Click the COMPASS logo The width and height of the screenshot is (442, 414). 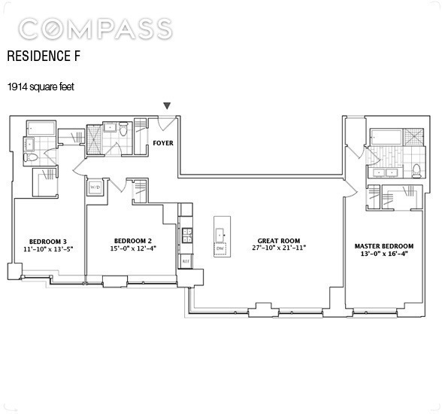(x=95, y=29)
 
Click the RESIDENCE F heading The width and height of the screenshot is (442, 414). (x=44, y=56)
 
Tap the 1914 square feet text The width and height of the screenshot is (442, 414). (x=41, y=87)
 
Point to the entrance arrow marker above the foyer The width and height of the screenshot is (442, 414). (x=168, y=106)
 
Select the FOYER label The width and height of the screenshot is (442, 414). (x=163, y=143)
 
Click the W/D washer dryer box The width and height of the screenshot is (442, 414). (x=95, y=187)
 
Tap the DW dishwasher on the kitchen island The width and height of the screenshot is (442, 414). (x=220, y=248)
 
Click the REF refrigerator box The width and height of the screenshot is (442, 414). (x=186, y=260)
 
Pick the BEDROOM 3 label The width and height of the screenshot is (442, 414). (x=48, y=242)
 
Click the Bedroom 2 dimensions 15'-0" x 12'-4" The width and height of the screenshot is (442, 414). (x=133, y=248)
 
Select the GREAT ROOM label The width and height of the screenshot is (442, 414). (x=279, y=241)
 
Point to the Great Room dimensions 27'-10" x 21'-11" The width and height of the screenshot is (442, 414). (x=279, y=248)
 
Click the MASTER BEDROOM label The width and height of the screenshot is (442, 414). (x=384, y=246)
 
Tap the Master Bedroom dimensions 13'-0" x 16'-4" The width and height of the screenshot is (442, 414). (x=384, y=254)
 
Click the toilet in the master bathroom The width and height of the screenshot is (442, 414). (x=416, y=171)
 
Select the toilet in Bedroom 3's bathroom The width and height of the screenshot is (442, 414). (x=31, y=157)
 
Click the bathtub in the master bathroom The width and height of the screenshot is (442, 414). (x=386, y=138)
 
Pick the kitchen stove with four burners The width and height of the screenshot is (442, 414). (x=187, y=236)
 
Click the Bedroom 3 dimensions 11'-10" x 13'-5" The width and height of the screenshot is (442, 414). (x=50, y=249)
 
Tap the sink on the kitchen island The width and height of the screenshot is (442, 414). (x=220, y=235)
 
